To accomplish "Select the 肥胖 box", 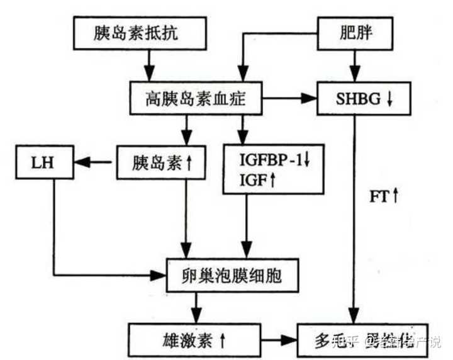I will (355, 33).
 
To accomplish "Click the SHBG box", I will (356, 99).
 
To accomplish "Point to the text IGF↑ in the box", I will (257, 180).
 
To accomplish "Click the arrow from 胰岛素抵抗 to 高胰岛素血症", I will (149, 65).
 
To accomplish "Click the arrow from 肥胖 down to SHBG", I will (356, 65).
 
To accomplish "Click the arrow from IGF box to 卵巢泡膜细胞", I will (248, 227).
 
